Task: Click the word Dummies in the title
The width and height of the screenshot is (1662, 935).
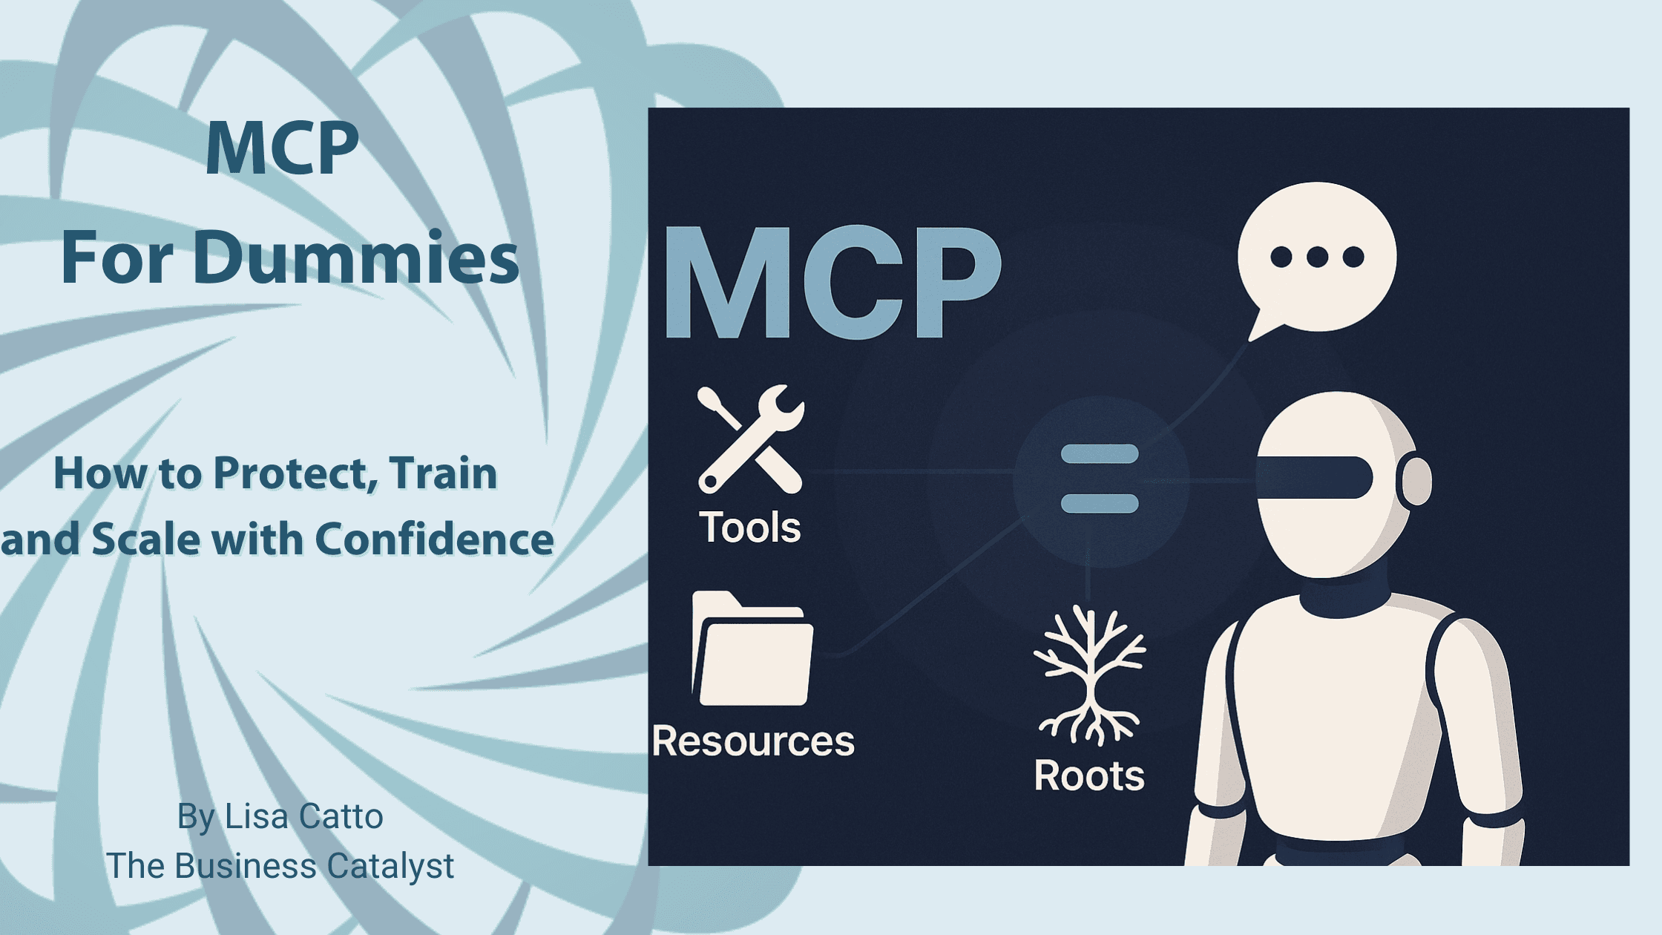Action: pyautogui.click(x=356, y=258)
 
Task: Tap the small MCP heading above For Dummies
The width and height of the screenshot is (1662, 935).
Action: pyautogui.click(x=282, y=148)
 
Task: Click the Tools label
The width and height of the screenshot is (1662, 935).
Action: pyautogui.click(x=750, y=528)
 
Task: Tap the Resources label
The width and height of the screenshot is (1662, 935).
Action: pyautogui.click(x=753, y=741)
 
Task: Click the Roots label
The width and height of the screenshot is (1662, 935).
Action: pyautogui.click(x=1089, y=775)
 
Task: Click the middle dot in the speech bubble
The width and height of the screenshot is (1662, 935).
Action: pyautogui.click(x=1318, y=257)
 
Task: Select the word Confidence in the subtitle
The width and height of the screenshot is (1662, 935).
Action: pyautogui.click(x=435, y=539)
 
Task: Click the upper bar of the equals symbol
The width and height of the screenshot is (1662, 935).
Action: pyautogui.click(x=1100, y=453)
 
